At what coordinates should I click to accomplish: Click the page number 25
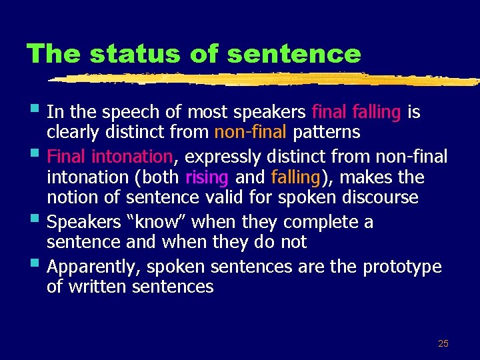443,343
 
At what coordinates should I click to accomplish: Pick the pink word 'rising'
207,177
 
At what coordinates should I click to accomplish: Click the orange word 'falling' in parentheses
296,177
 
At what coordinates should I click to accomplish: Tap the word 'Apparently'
95,267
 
